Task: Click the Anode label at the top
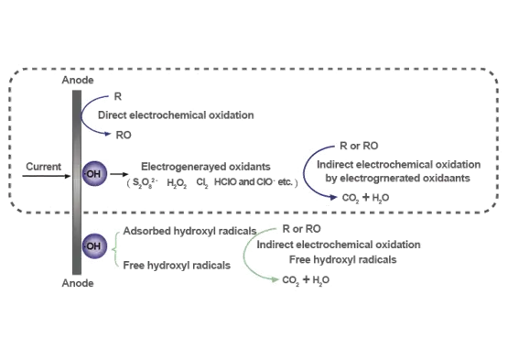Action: point(78,82)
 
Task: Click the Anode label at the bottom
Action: point(77,285)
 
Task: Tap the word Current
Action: point(44,166)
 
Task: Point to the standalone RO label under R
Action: point(125,134)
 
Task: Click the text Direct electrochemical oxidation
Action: point(175,116)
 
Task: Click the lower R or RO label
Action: point(301,228)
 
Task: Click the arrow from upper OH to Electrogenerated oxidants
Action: point(120,171)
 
